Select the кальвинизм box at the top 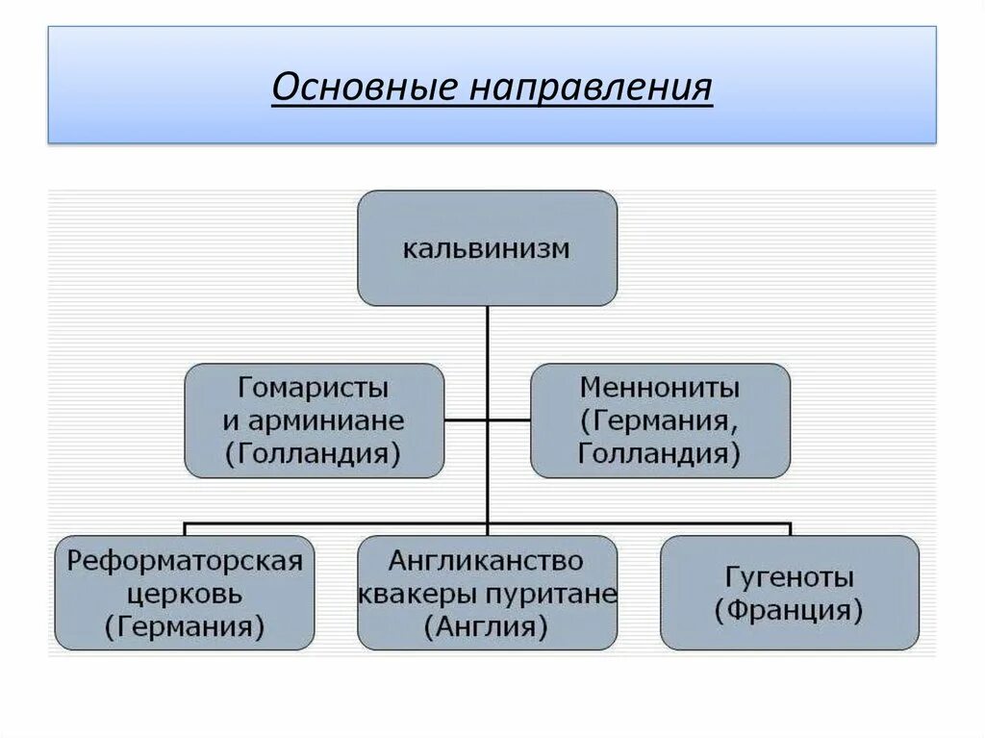click(x=487, y=247)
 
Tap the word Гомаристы click(x=314, y=390)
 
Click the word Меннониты click(x=660, y=390)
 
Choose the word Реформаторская click(x=185, y=562)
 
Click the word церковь click(x=185, y=595)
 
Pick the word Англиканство click(x=487, y=561)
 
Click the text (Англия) click(x=487, y=626)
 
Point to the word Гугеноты click(x=789, y=578)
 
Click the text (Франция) click(x=789, y=610)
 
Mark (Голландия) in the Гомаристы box click(x=314, y=452)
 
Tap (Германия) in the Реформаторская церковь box click(x=185, y=626)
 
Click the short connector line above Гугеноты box click(x=789, y=529)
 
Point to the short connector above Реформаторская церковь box click(x=185, y=529)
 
